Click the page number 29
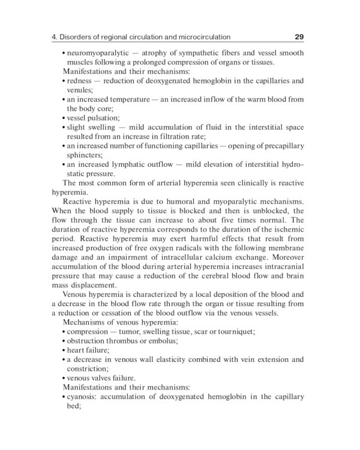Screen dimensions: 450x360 tap(299, 37)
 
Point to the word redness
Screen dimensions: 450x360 tap(80, 80)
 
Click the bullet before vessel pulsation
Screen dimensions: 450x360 tap(63, 118)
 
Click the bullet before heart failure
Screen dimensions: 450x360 tap(63, 350)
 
